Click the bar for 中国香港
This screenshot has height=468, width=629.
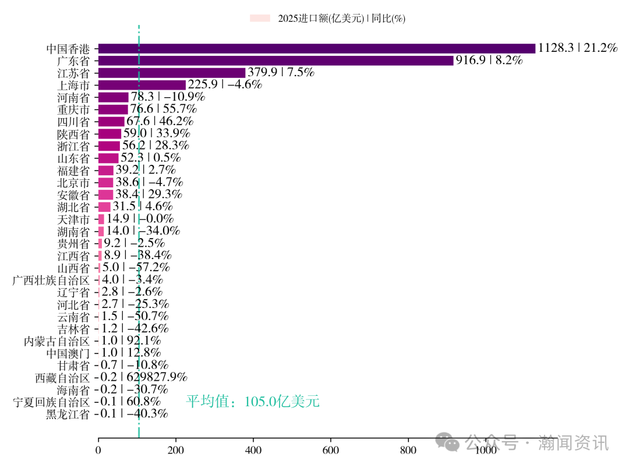[x=316, y=48]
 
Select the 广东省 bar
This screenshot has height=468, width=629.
[x=275, y=61]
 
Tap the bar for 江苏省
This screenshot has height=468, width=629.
[x=172, y=73]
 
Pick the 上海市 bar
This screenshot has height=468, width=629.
[x=142, y=85]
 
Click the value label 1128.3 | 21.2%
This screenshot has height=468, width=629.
[x=577, y=48]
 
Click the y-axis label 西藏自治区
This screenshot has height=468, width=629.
[x=62, y=378]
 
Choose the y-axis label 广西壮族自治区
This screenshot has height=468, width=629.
[x=51, y=281]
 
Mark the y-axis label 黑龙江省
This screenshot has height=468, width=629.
[x=68, y=414]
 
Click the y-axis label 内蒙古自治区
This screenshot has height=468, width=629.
[x=56, y=341]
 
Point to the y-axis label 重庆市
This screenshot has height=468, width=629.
[x=73, y=109]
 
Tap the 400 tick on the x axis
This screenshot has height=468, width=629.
[x=253, y=450]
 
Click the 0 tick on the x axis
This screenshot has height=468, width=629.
[x=98, y=450]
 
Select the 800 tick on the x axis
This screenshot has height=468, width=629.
[x=408, y=450]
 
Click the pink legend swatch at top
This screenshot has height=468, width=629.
[x=260, y=19]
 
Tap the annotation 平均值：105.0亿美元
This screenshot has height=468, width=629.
[x=253, y=402]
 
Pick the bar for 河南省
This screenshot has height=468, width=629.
[x=113, y=97]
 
